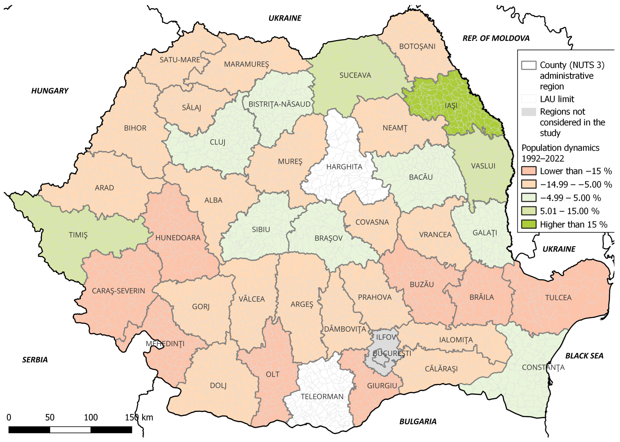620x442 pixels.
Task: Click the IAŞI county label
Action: pos(451,106)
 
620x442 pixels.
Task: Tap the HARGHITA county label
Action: pos(344,167)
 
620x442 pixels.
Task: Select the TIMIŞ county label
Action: pos(78,235)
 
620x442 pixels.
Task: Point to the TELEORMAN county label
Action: pos(322,396)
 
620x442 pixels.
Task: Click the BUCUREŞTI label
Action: pos(392,353)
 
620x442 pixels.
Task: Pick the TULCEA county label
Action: pos(558,298)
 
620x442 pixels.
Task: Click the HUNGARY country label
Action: pos(50,91)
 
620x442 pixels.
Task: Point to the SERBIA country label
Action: pos(35,360)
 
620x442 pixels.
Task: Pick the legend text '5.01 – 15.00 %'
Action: pos(569,211)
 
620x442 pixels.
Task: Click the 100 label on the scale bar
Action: pos(90,417)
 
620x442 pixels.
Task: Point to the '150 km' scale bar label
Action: pos(139,417)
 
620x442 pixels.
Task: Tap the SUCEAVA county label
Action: pos(355,75)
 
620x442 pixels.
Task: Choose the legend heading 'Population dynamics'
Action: pos(560,148)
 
